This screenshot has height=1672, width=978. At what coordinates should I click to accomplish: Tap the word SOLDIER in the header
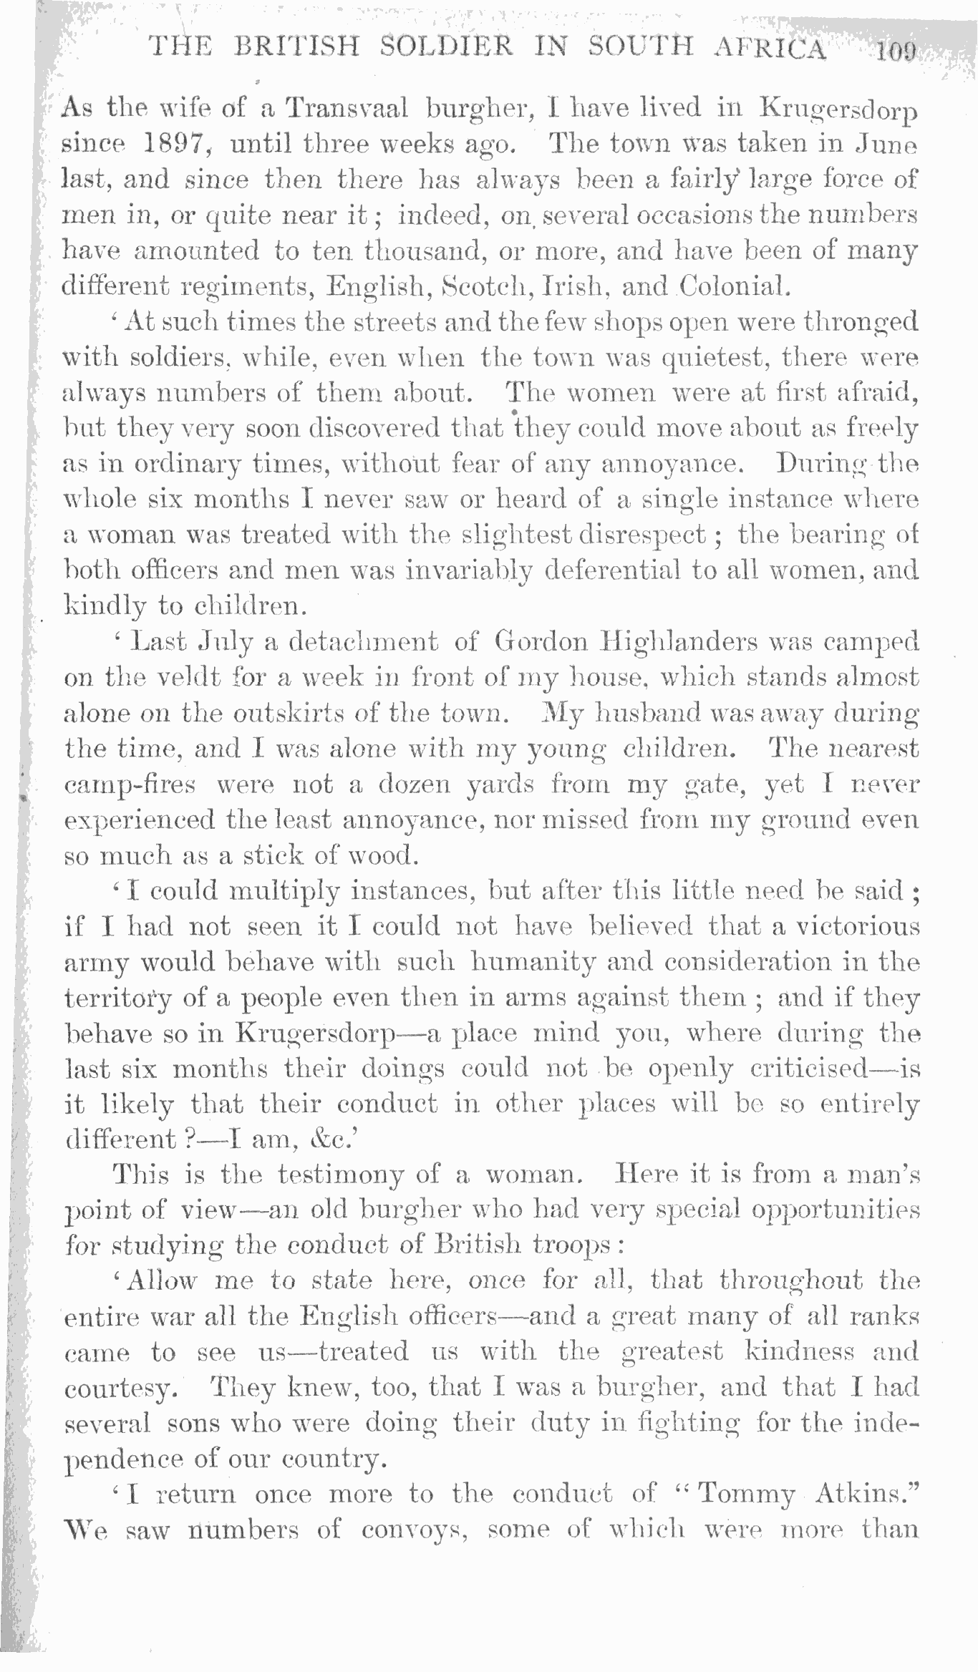click(x=447, y=47)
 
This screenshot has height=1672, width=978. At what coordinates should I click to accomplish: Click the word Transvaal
click(x=347, y=109)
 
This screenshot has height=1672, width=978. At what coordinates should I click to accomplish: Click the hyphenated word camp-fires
click(x=130, y=785)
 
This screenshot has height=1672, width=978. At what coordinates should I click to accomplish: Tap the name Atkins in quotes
click(x=867, y=1494)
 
